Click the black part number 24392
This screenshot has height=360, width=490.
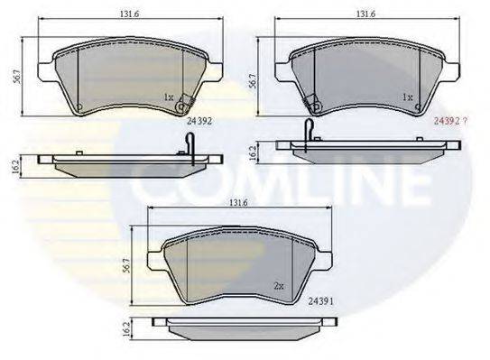199,117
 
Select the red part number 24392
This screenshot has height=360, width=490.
452,117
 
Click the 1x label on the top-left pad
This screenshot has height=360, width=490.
169,96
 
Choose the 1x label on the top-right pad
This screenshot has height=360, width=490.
408,97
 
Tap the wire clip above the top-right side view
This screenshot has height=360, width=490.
309,128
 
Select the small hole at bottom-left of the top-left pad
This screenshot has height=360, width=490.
79,107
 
